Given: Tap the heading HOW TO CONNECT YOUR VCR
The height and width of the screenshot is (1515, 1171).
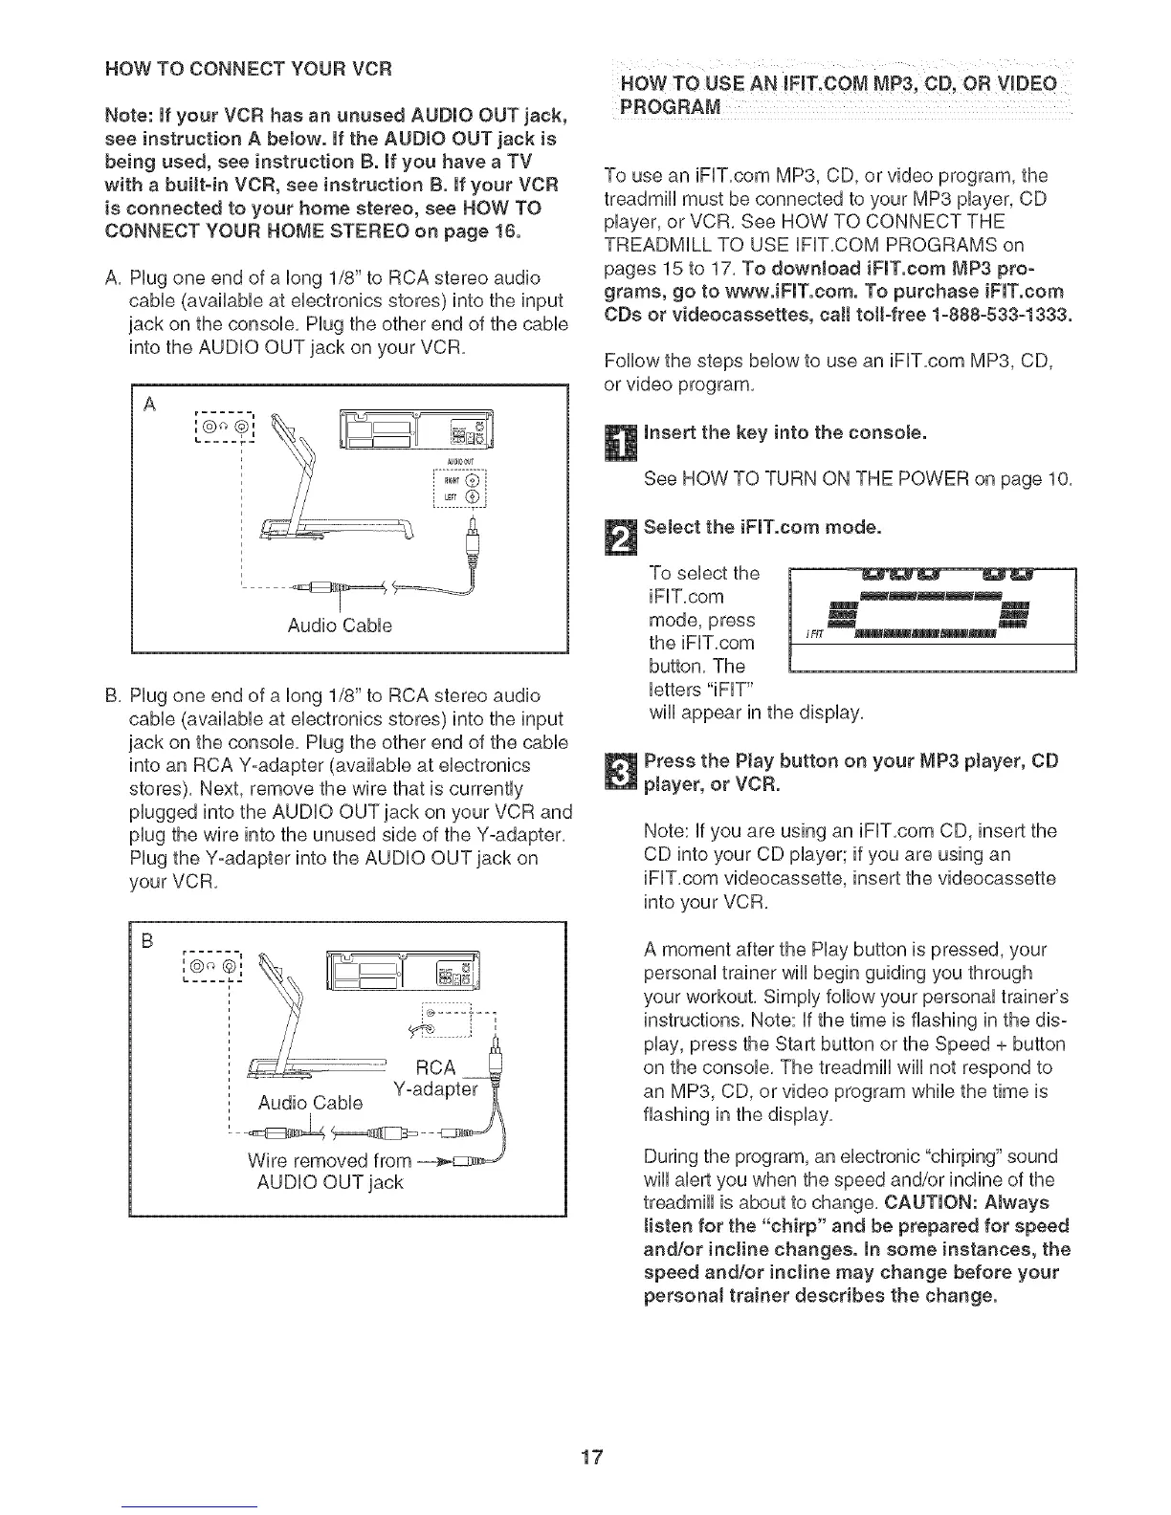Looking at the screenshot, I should [x=250, y=69].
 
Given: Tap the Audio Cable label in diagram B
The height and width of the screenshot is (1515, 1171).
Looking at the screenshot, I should [x=310, y=1103].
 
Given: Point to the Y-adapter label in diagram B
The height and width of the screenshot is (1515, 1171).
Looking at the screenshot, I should [x=435, y=1089].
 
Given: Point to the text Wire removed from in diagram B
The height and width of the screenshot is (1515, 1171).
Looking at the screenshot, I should [x=316, y=1160].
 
